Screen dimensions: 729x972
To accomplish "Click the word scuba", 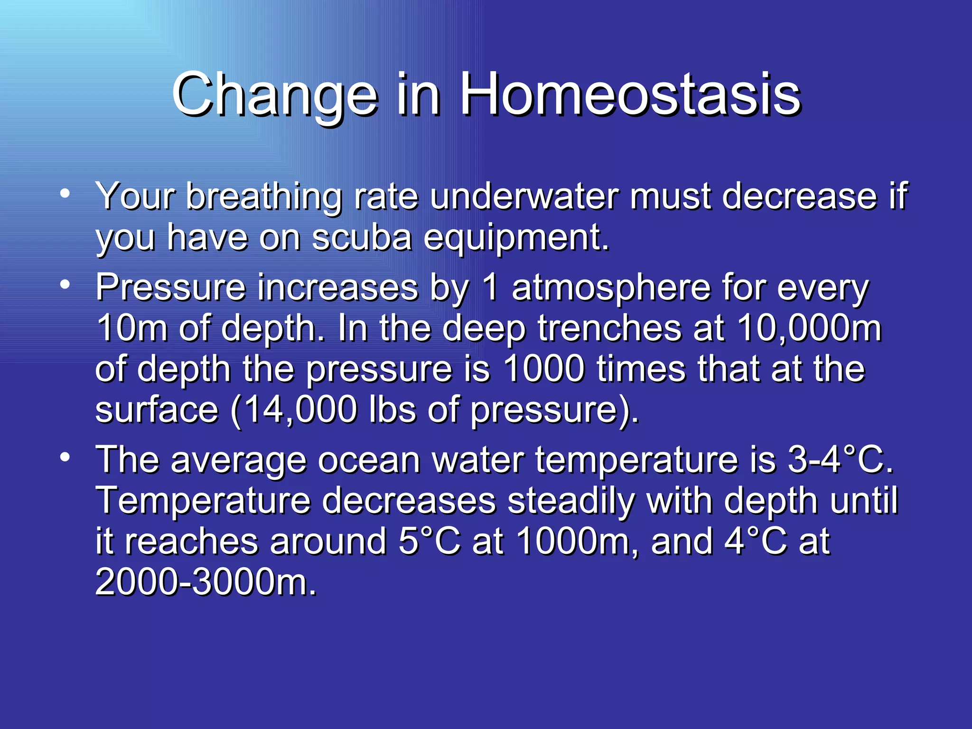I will pyautogui.click(x=362, y=237).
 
